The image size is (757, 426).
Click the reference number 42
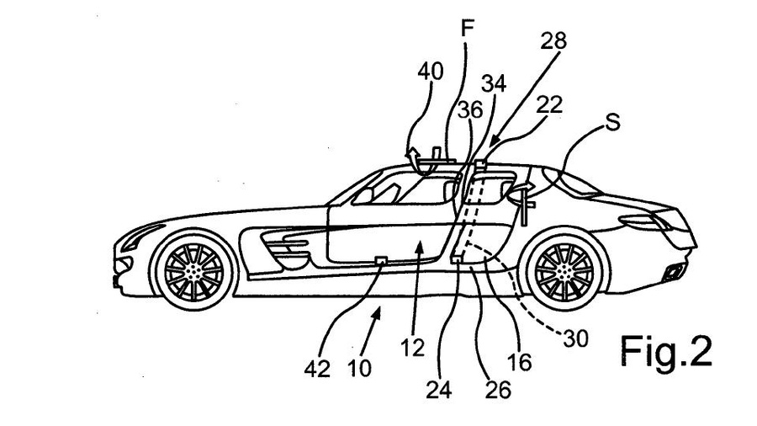point(317,369)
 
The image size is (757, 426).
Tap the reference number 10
point(359,369)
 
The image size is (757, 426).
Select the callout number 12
point(412,347)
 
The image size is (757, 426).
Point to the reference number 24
point(438,389)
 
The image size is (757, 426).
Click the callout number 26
point(498,389)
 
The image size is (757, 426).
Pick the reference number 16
point(519,362)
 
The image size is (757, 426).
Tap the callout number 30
point(575,338)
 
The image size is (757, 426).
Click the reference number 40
point(430,72)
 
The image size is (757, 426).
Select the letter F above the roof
point(467,29)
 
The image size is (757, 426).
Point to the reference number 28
point(553,40)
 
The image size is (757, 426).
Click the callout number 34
point(494,83)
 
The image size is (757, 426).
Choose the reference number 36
point(470,109)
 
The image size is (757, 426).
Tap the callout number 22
point(549,104)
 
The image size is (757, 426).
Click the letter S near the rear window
point(612,123)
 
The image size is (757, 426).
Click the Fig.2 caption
point(666,352)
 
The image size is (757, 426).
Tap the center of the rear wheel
point(564,272)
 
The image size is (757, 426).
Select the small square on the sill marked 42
point(381,261)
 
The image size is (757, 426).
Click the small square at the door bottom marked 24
point(456,259)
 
